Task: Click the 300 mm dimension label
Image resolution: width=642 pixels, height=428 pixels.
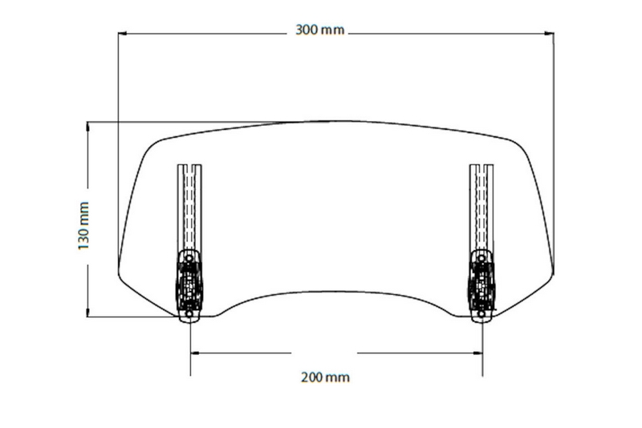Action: click(x=319, y=30)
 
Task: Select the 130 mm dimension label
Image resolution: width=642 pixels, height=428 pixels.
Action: click(x=83, y=226)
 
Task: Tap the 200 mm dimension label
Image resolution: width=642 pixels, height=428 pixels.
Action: click(x=326, y=377)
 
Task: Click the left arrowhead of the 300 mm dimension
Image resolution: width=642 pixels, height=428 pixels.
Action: click(x=122, y=34)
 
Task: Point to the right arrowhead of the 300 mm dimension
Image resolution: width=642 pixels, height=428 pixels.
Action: click(x=550, y=34)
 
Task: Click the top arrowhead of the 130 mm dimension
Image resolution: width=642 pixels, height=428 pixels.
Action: click(x=87, y=127)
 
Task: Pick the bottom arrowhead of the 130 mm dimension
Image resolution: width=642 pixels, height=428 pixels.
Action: click(x=87, y=312)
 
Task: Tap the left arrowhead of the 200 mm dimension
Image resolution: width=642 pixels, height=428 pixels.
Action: click(x=195, y=353)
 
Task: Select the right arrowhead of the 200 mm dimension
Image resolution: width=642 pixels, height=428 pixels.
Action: click(x=477, y=353)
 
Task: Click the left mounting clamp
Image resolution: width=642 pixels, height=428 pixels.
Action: click(x=189, y=286)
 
